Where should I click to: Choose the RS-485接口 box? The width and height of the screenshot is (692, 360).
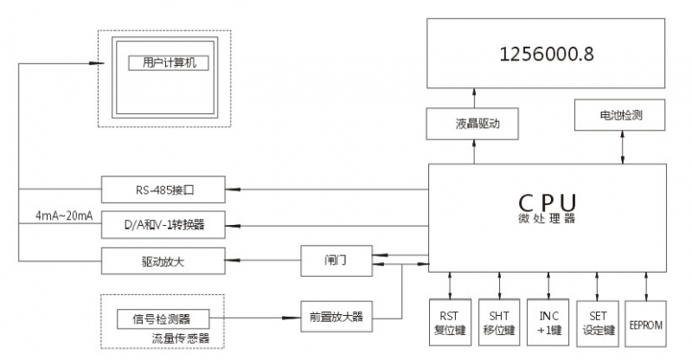click(163, 188)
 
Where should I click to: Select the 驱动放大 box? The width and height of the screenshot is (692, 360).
click(163, 260)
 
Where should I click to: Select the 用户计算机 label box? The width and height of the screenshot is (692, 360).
click(169, 63)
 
